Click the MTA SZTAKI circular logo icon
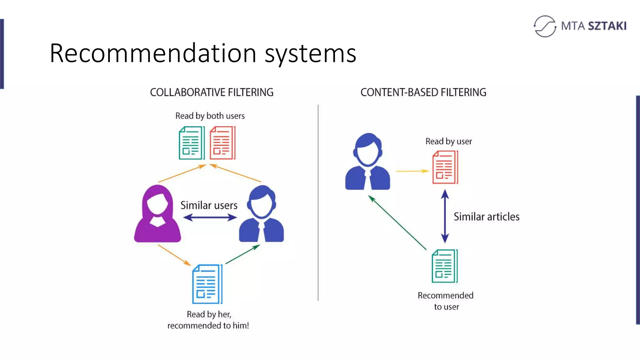coord(545,26)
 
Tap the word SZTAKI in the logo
coord(607,26)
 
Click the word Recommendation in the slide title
coord(153,53)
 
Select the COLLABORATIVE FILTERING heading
coord(212,92)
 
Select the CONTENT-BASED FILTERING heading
coord(423,92)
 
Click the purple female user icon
coord(157,214)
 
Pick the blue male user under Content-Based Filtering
coord(367,162)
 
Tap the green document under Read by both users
coord(191,143)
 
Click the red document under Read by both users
coord(222,143)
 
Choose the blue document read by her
coord(207,284)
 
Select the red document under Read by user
coord(445,167)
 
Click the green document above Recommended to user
coord(444,266)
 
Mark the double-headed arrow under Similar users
coord(210,217)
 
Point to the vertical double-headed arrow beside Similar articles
coord(445,216)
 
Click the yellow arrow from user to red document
coord(412,171)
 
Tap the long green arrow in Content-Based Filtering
coord(397,222)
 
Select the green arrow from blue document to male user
coord(242,254)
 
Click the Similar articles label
coord(487,217)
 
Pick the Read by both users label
coord(210,116)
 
